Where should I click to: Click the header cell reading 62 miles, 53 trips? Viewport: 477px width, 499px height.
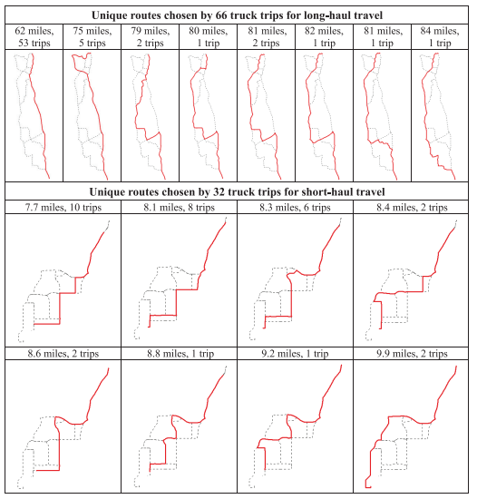point(34,37)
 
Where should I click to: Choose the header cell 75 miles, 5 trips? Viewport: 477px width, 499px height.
point(92,37)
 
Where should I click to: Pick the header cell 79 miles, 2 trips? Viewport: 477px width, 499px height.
point(151,37)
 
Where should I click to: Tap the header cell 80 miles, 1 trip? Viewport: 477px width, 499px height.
point(209,37)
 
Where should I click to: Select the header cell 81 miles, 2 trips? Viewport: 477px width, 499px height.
point(267,37)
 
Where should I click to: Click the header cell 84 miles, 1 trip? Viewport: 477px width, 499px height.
point(440,37)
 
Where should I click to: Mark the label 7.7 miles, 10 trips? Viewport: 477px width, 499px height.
point(63,208)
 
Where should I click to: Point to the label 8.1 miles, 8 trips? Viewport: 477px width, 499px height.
point(180,208)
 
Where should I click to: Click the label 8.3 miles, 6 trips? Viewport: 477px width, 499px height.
point(295,208)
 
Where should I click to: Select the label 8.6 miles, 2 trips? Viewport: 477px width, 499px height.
point(63,354)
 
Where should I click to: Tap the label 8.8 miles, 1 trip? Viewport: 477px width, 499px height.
point(180,354)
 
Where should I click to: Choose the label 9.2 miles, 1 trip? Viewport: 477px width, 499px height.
point(295,354)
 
